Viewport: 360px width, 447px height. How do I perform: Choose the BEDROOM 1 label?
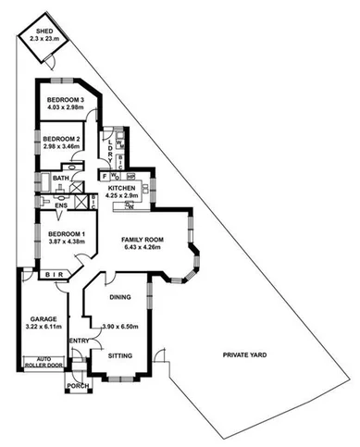[x=66, y=233]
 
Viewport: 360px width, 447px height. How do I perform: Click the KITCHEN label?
[x=122, y=188]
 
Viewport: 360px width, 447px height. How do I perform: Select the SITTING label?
[x=121, y=354]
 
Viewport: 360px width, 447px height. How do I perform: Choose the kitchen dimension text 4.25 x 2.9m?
[x=122, y=196]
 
